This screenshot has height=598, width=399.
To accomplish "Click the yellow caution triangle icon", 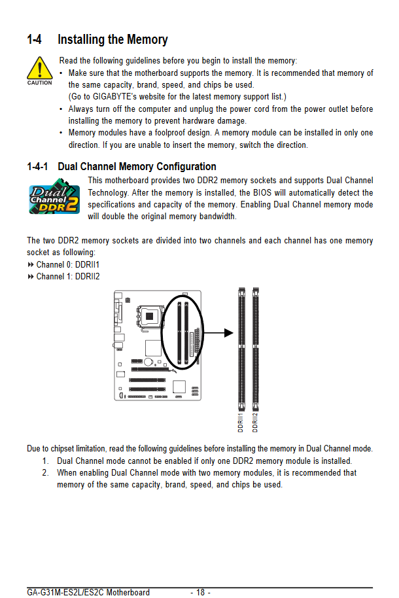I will [x=39, y=69].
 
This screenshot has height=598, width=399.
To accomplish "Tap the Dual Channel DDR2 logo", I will [x=55, y=199].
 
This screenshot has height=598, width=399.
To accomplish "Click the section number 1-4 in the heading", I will [x=35, y=40].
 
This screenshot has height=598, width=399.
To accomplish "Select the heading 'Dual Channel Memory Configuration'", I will [x=137, y=167].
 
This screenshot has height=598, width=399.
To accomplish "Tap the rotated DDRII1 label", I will [x=241, y=422].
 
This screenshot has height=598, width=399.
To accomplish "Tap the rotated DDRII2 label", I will [x=255, y=422].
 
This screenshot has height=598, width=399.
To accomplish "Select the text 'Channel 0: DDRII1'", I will [x=68, y=265].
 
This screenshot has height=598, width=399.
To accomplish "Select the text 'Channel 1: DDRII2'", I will [x=68, y=277].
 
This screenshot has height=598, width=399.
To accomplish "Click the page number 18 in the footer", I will [x=200, y=592].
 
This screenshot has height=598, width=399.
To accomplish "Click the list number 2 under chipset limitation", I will [x=45, y=472].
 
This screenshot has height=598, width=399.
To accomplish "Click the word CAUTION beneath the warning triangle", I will [x=39, y=83].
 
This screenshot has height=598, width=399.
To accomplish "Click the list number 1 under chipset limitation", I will [x=45, y=461].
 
